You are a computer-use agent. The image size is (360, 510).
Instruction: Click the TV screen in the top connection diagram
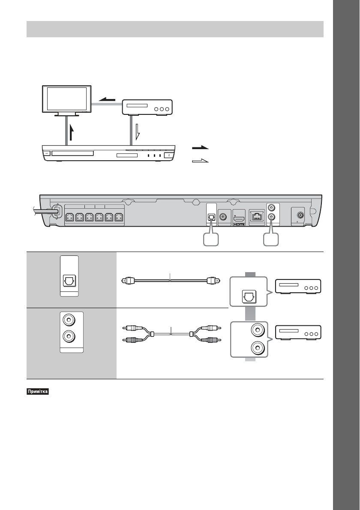(67, 100)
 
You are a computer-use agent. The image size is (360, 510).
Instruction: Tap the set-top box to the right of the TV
(147, 107)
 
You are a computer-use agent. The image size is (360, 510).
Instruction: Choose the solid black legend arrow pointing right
(200, 147)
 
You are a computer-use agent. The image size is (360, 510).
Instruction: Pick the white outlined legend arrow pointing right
(200, 161)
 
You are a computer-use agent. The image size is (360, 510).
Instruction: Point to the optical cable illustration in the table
(170, 282)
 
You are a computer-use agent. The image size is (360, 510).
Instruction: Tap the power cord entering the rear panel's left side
(41, 212)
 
